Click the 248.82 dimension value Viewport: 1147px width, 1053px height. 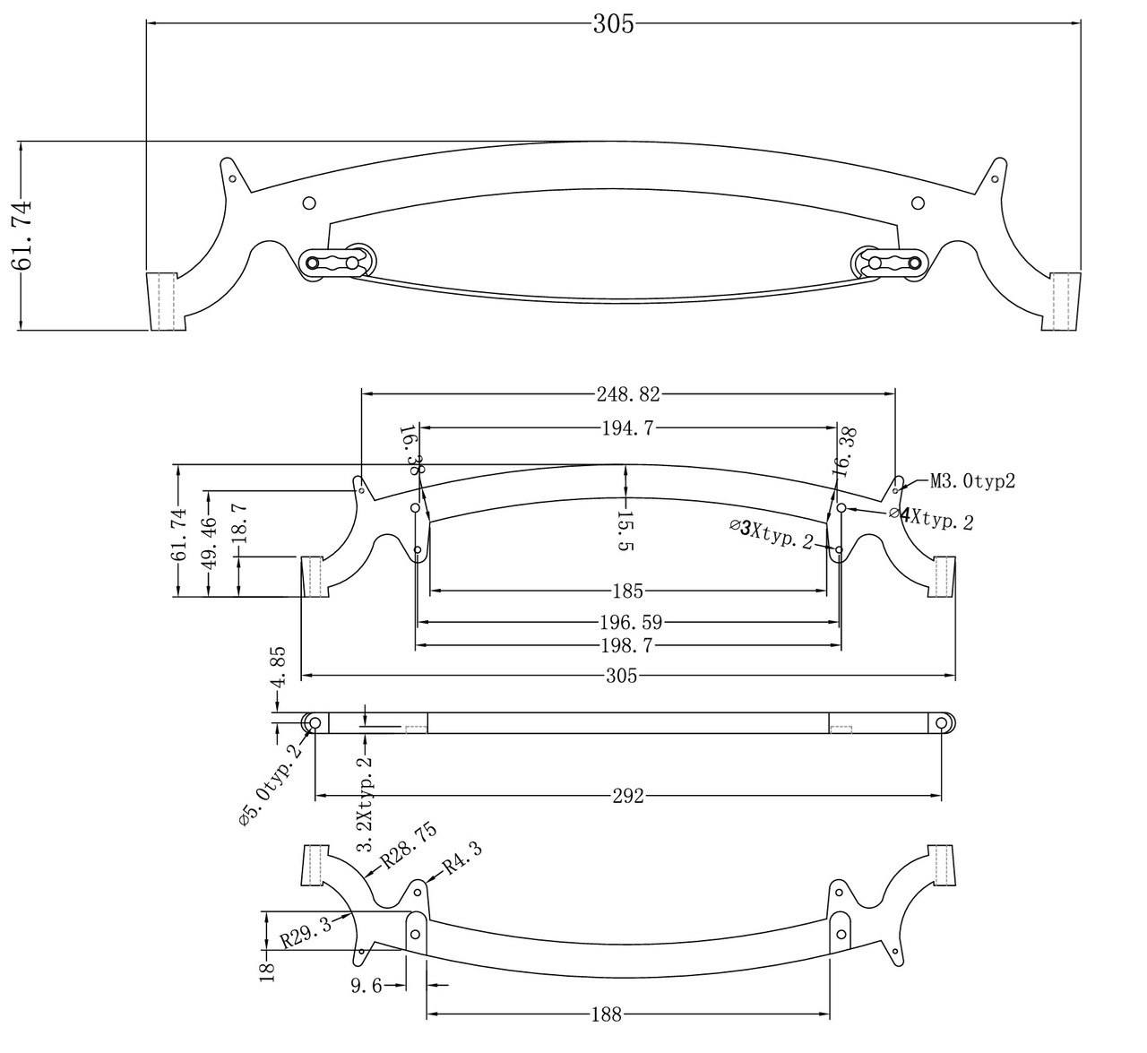tap(628, 394)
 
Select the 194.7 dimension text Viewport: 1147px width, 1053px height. tap(627, 427)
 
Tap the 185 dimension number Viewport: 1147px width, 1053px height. tap(628, 591)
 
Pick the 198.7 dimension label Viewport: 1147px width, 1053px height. tap(627, 646)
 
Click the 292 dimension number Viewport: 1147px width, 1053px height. tap(628, 796)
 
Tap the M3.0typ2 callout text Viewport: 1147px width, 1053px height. tap(972, 481)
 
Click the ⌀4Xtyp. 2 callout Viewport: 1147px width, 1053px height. tap(931, 518)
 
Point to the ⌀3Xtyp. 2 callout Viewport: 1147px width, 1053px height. tap(772, 534)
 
